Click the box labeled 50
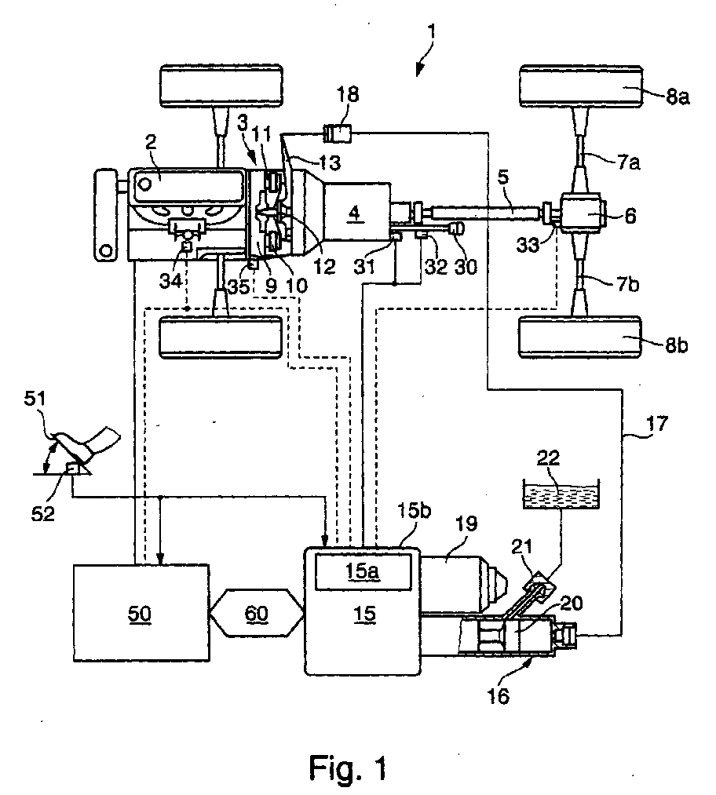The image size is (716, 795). point(141,612)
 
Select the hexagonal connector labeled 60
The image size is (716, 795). point(256,613)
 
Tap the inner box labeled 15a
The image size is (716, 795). point(363,571)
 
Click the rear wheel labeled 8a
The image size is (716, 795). point(582,86)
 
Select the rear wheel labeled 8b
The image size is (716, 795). point(581,337)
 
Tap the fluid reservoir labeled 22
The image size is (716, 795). point(561,494)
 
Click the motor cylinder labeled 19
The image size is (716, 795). point(460,583)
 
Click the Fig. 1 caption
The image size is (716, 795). point(348,767)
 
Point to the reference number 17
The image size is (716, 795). point(657,423)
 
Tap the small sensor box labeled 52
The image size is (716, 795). point(74,469)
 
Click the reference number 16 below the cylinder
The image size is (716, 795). point(498,696)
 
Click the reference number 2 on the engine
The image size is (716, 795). point(150,142)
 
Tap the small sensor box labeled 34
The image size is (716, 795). point(187,246)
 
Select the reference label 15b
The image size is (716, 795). point(414,511)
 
